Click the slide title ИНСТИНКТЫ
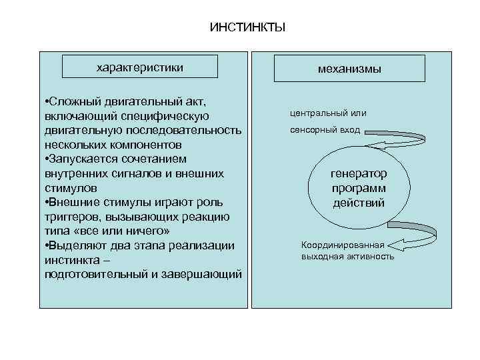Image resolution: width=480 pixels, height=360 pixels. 247,27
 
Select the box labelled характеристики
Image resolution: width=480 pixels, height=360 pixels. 140,68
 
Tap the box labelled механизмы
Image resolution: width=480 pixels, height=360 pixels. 349,69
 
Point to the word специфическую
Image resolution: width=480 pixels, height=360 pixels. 168,116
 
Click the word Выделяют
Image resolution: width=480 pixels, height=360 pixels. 74,245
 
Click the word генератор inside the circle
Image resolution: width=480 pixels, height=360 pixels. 359,173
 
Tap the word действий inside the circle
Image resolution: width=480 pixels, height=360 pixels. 359,202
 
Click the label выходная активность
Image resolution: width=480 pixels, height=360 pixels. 347,256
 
